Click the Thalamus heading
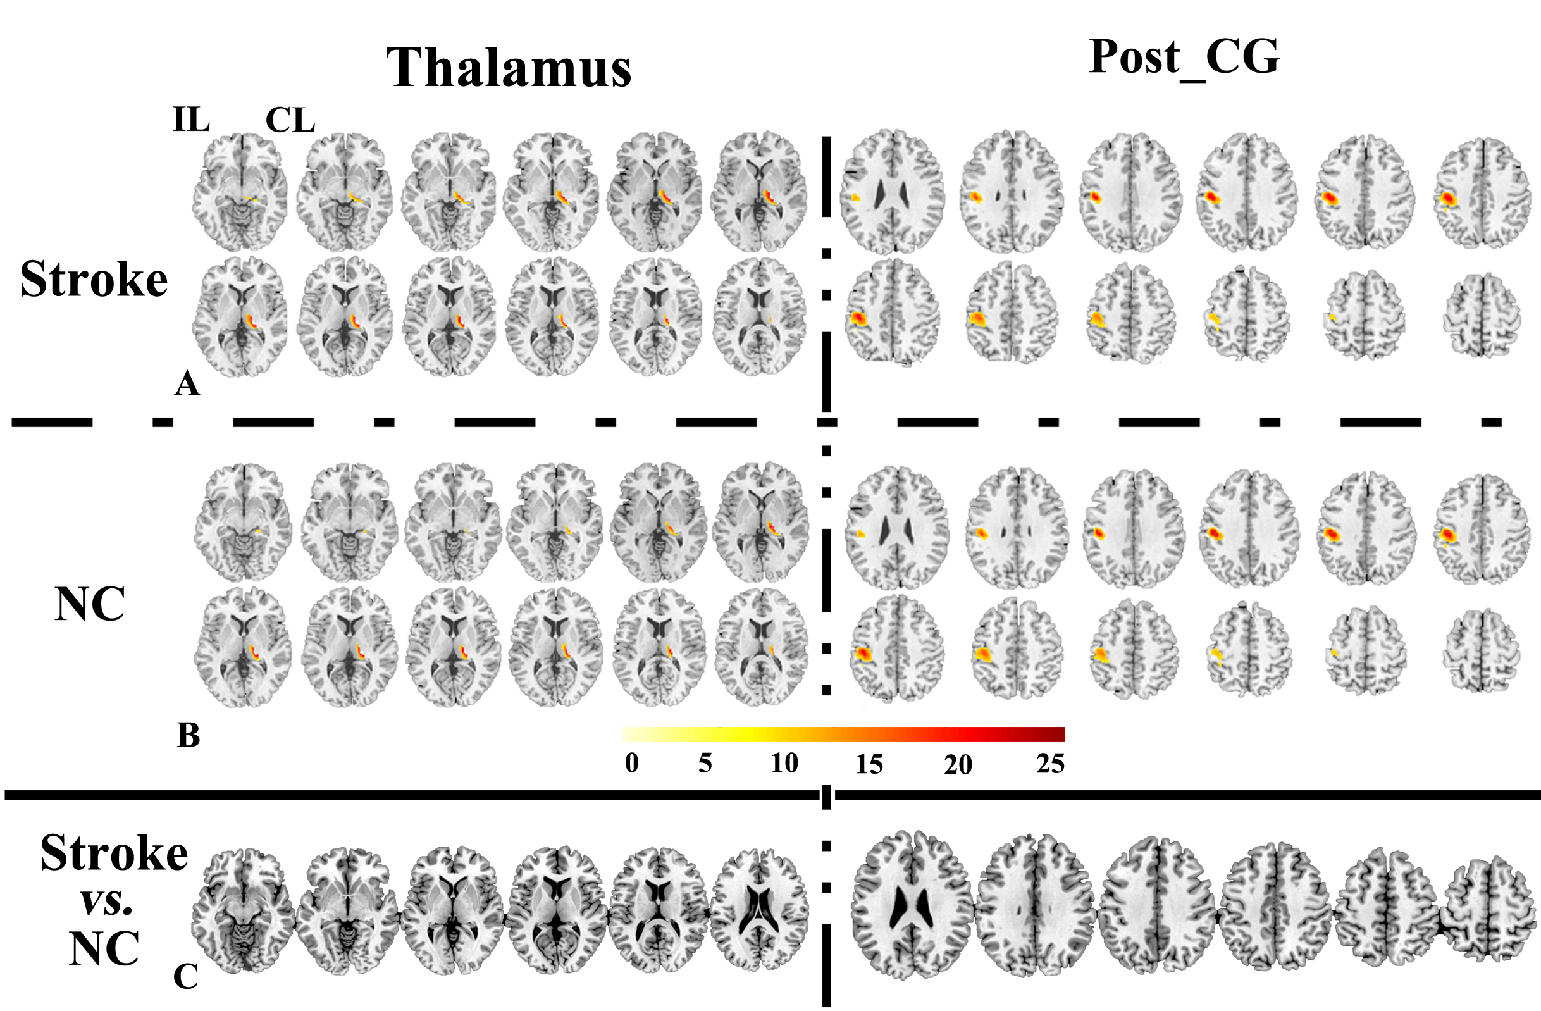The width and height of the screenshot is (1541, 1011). click(x=508, y=68)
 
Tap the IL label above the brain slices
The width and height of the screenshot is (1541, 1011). click(x=191, y=120)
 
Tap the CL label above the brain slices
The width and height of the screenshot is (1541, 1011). click(x=290, y=120)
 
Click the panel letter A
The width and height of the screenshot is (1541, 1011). click(x=187, y=384)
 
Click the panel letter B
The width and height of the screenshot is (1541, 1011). click(x=189, y=736)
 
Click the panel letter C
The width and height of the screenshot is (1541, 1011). click(x=185, y=977)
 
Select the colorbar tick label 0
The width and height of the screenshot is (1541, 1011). click(x=632, y=763)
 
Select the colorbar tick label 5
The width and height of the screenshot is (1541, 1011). click(x=705, y=764)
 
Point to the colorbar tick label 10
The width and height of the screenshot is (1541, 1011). click(x=784, y=764)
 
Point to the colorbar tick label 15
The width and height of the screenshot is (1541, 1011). click(x=869, y=765)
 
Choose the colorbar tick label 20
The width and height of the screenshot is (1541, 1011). click(x=958, y=765)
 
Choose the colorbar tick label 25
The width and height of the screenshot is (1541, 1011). click(x=1050, y=764)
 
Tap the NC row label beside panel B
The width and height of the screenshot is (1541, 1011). click(x=89, y=605)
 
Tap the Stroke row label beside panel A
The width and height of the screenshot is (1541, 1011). click(x=94, y=280)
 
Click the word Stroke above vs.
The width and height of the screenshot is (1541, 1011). click(x=114, y=853)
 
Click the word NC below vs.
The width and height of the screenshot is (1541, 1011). click(x=104, y=949)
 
